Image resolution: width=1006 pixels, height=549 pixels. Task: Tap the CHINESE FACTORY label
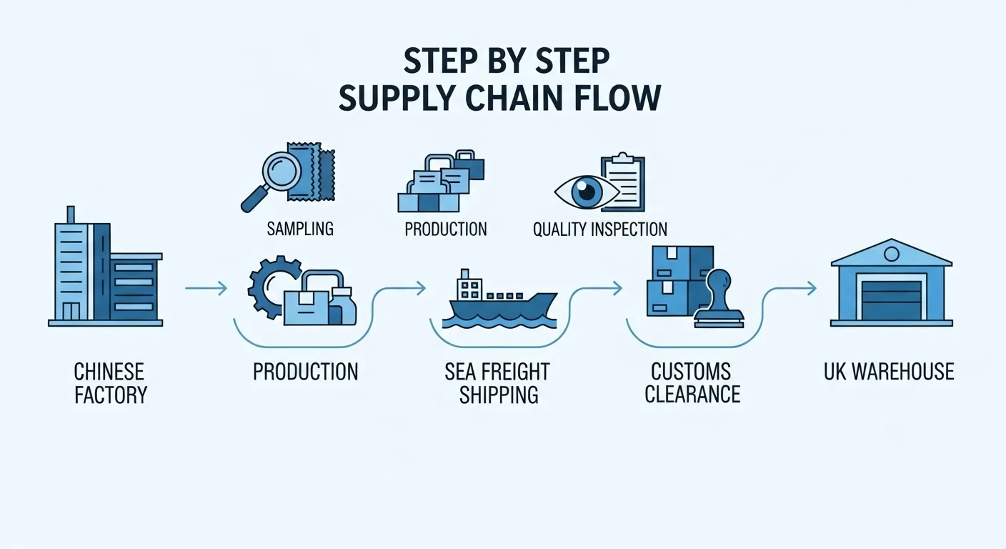109,383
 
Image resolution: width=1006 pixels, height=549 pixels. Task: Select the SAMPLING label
300,229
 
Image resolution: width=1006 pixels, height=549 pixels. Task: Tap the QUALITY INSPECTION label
600,229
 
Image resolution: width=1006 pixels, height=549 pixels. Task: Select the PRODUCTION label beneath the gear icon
306,372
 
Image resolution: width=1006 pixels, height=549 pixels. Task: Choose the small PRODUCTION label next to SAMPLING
446,229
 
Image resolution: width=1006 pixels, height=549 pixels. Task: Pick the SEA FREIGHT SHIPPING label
499,383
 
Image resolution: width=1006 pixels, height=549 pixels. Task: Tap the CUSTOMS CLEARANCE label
692,383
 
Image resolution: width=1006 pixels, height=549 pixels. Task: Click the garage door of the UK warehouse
892,301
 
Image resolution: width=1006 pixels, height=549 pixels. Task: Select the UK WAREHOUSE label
889,372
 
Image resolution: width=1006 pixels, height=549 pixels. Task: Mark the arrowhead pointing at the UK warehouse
812,289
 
